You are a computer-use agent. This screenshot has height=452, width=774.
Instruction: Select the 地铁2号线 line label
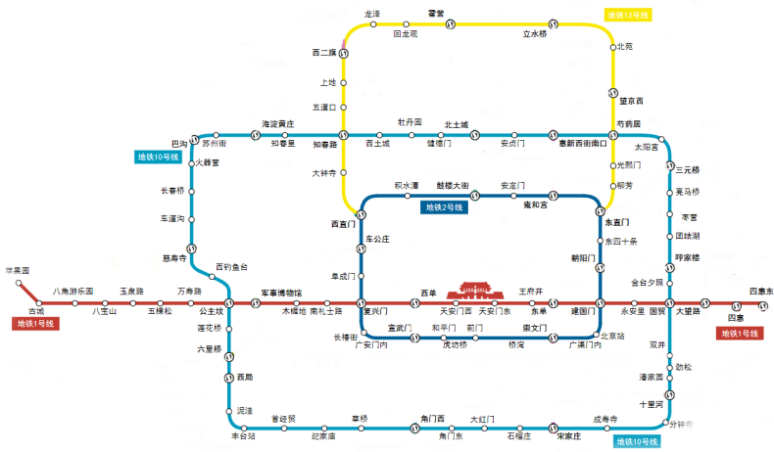pos(447,207)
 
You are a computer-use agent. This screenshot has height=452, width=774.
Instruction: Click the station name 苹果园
pos(17,269)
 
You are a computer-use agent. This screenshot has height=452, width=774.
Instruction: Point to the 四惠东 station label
pos(761,292)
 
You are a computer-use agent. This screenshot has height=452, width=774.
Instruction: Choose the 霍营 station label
pos(436,13)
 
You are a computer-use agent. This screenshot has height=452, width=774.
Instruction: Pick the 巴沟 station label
pos(179,143)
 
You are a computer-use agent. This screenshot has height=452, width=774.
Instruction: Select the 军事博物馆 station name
pos(281,293)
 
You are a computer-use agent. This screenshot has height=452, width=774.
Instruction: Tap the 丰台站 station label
pos(243,436)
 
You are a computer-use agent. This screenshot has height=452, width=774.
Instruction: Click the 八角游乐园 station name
pos(73,292)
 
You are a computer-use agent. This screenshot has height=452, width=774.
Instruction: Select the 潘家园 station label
pos(652,377)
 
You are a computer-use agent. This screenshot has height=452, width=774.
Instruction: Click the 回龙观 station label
pos(405,34)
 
